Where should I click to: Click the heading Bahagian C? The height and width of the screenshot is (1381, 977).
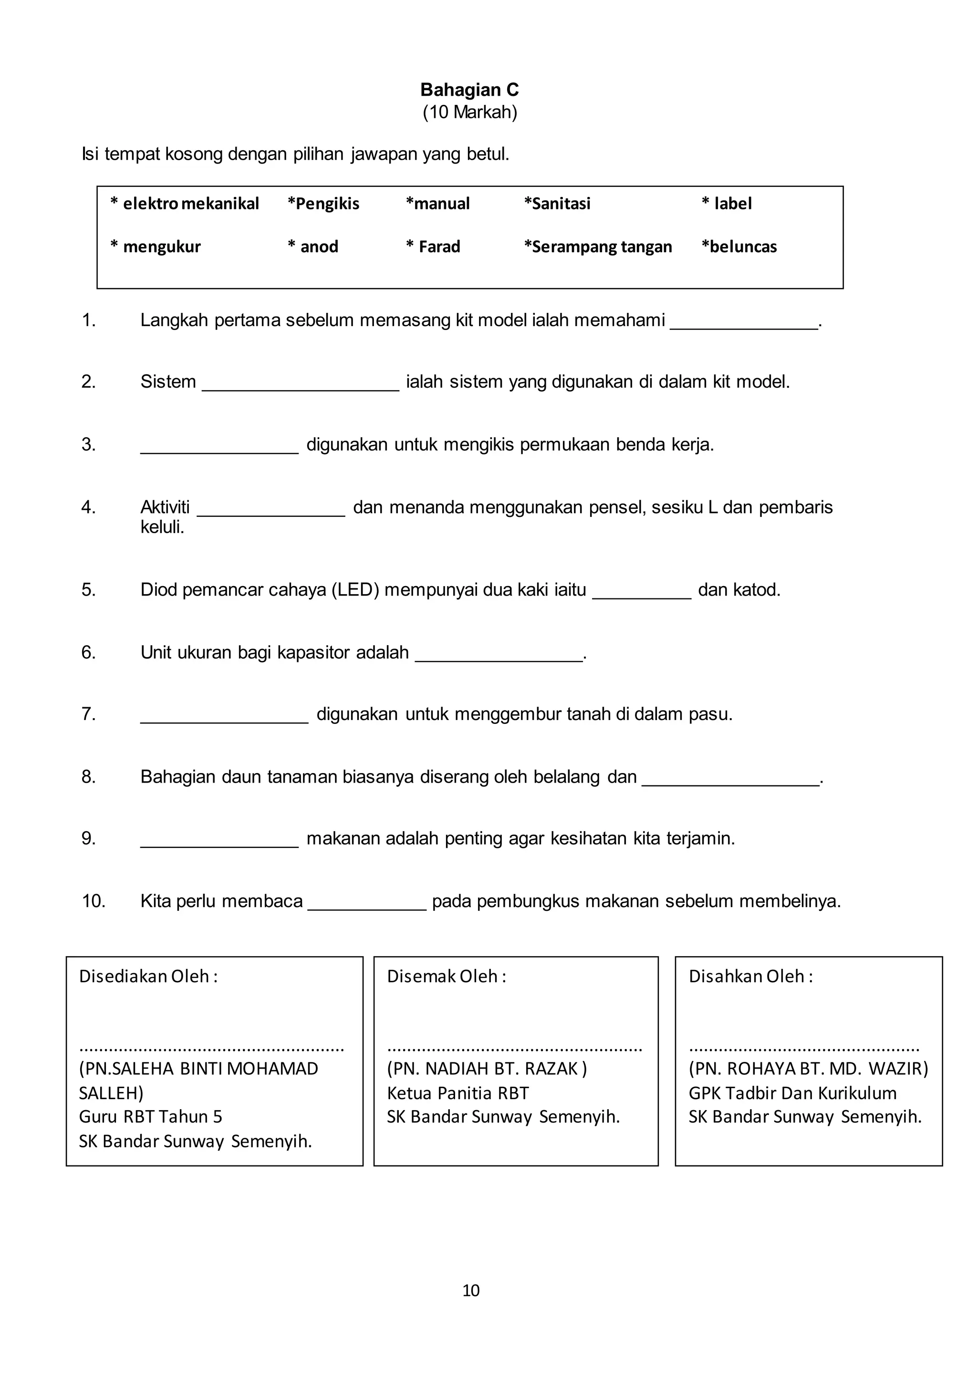tap(469, 90)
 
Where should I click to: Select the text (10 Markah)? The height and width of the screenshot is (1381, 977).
tap(469, 113)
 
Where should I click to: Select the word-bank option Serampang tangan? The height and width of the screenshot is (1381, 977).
tap(598, 247)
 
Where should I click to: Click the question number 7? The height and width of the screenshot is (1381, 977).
tap(88, 714)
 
